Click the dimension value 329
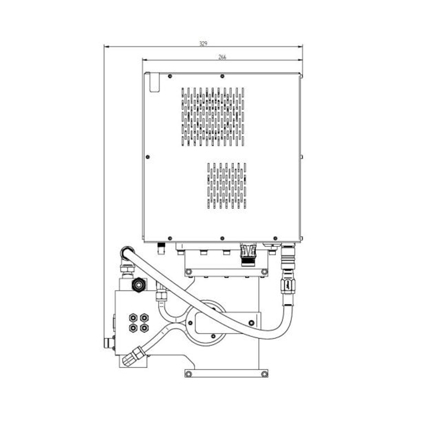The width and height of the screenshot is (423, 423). point(203,43)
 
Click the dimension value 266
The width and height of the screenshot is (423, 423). point(222,57)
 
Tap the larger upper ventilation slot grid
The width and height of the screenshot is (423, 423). point(213,116)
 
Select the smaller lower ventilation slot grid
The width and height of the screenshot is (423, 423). point(227,186)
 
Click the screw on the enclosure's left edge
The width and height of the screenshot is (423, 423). point(148,157)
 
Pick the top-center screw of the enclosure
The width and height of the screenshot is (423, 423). point(222,76)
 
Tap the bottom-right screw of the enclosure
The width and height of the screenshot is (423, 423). point(275,238)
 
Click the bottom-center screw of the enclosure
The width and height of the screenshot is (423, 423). point(222,238)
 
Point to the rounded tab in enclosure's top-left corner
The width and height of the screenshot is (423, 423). point(154,82)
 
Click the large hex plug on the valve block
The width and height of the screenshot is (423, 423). point(139,284)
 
